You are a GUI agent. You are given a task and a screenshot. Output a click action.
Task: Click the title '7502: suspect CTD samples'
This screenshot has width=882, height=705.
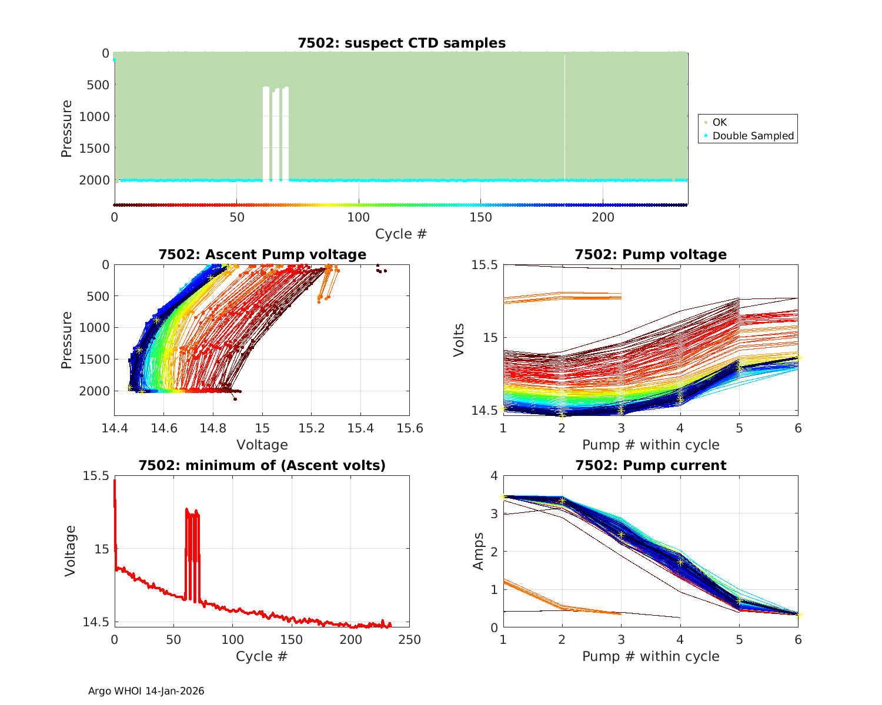pyautogui.click(x=402, y=43)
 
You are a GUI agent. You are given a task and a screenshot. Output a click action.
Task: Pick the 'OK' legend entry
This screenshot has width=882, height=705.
pyautogui.click(x=719, y=122)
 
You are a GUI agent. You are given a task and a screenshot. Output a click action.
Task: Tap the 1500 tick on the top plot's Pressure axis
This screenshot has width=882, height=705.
pyautogui.click(x=94, y=148)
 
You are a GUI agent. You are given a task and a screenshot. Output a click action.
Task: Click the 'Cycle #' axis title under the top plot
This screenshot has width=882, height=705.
pyautogui.click(x=401, y=234)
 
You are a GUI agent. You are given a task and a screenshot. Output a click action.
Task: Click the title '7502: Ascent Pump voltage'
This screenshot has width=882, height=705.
pyautogui.click(x=262, y=254)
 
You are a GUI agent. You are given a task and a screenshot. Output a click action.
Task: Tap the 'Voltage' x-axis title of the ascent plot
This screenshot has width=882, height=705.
pyautogui.click(x=262, y=445)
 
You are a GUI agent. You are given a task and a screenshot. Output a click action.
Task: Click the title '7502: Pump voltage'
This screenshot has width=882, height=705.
pyautogui.click(x=651, y=254)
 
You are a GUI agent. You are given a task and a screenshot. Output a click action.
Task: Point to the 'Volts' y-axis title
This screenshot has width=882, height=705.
pyautogui.click(x=459, y=340)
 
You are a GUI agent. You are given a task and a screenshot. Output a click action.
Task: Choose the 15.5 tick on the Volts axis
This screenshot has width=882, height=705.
pyautogui.click(x=485, y=265)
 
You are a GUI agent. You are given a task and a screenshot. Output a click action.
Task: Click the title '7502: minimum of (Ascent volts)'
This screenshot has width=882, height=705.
pyautogui.click(x=262, y=465)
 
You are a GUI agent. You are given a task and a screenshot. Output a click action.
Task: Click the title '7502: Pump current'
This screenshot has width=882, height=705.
pyautogui.click(x=651, y=465)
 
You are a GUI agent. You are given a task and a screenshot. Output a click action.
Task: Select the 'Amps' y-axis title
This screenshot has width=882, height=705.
pyautogui.click(x=478, y=551)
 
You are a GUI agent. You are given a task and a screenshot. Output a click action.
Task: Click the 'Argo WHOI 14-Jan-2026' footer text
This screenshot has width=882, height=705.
pyautogui.click(x=146, y=691)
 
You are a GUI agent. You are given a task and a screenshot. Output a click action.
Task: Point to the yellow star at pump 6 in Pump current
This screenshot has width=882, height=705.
pyautogui.click(x=799, y=615)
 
